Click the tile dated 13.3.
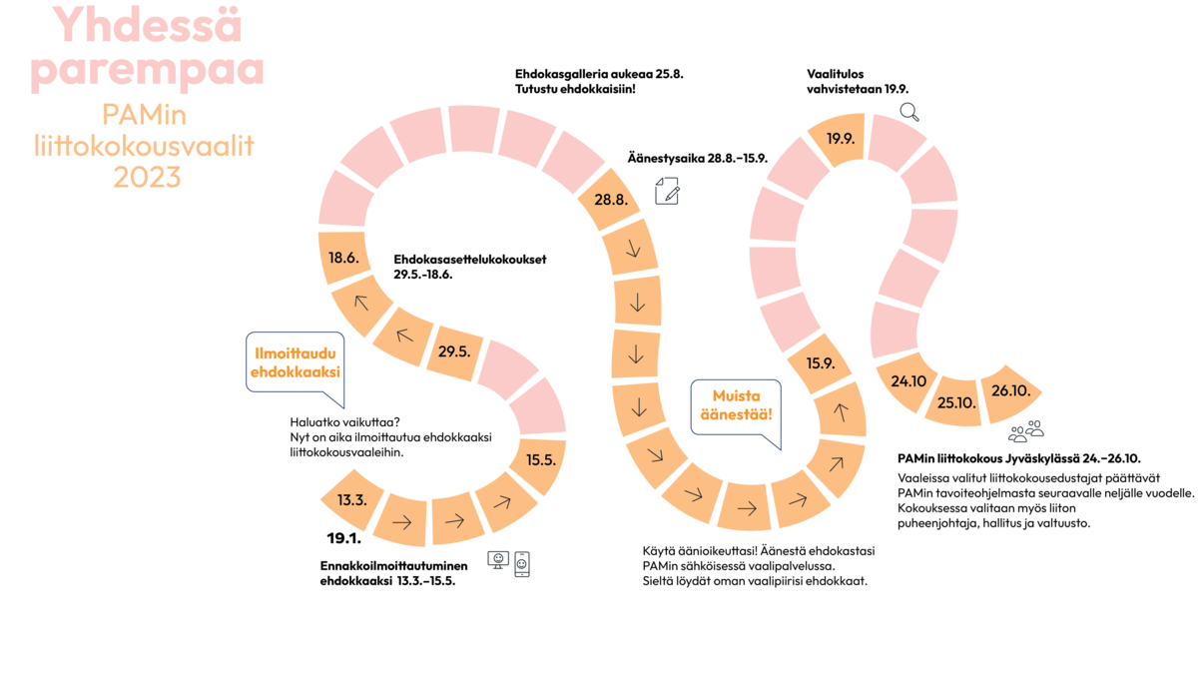coord(350,498)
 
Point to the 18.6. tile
coord(343,258)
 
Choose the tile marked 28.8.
coord(610,199)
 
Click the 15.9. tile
coord(821,363)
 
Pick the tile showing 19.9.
coord(840,140)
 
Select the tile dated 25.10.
coord(956,400)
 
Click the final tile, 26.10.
coord(1010,390)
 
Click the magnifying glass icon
coord(909,112)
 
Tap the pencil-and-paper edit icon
coord(667,191)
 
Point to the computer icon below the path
coord(509,563)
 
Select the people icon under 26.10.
coord(1025,430)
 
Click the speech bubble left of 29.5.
coord(296,365)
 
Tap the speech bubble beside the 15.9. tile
coord(736,410)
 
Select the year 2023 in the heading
coord(147,177)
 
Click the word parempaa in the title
coord(147,72)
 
